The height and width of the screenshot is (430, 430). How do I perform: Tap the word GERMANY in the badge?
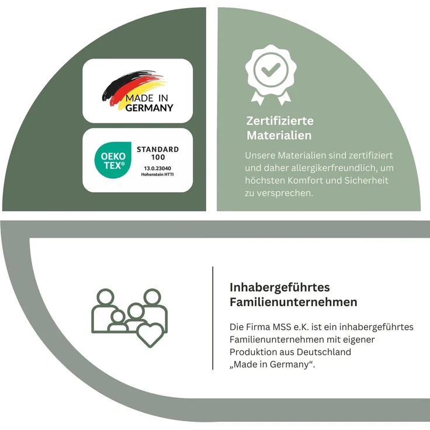(150, 107)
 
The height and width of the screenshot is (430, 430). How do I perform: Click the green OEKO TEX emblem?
(113, 160)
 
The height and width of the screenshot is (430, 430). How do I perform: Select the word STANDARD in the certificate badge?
(158, 150)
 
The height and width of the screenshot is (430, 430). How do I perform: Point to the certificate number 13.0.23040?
(157, 168)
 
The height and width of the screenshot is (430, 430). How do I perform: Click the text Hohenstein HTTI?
(157, 175)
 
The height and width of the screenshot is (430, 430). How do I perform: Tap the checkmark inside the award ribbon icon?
(271, 70)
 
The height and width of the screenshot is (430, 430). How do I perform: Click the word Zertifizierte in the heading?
(280, 121)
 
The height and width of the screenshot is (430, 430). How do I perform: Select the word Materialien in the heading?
(279, 136)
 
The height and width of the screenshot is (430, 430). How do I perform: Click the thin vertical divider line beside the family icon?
(213, 318)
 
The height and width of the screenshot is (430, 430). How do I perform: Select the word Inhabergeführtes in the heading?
(280, 288)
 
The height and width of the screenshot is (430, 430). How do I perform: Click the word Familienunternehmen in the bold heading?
(293, 302)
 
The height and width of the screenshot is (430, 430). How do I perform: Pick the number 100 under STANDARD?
(158, 157)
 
